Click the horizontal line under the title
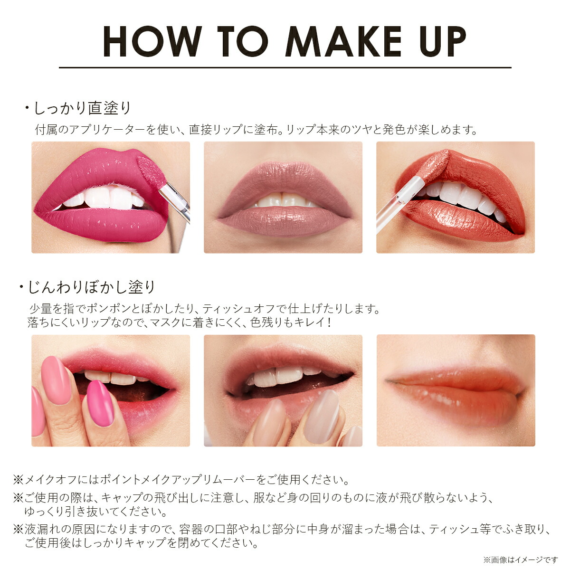pos(285,68)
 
